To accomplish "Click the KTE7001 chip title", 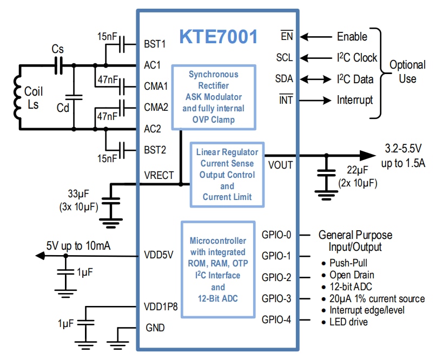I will [x=219, y=37].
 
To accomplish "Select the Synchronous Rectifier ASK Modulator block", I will [x=214, y=97].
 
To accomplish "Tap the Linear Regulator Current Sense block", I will [x=227, y=174].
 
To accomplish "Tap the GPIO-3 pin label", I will [x=277, y=298].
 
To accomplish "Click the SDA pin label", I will [x=284, y=79].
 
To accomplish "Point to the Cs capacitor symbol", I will [x=58, y=65].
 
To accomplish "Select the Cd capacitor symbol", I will [x=74, y=98].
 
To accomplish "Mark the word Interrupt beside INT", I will [x=355, y=100].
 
